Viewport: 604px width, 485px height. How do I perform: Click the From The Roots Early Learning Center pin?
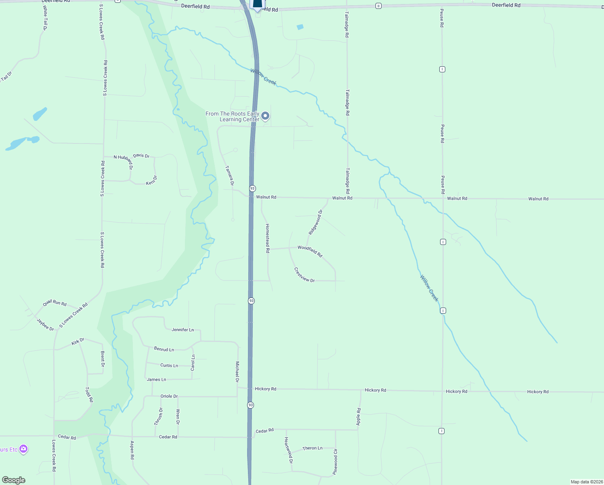[265, 116]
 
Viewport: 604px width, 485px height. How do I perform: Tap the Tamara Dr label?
[229, 175]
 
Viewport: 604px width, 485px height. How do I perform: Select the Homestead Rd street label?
[267, 238]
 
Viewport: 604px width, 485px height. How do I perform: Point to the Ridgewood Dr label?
[316, 222]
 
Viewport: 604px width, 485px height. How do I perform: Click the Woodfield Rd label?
[310, 251]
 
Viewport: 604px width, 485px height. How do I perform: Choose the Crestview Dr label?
[304, 275]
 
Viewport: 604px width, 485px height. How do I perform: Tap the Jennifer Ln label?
[182, 330]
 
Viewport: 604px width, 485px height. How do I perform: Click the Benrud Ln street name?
[164, 349]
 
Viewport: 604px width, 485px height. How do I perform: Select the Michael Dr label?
[237, 372]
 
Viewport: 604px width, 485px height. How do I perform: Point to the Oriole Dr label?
[169, 396]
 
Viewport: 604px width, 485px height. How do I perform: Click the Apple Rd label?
[359, 417]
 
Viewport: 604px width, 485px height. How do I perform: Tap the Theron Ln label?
[312, 448]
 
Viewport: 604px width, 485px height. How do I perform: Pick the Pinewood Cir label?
[335, 462]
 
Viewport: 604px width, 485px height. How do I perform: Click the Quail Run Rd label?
[55, 303]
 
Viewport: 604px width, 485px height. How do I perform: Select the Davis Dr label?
[141, 156]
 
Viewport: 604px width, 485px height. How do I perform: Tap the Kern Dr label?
[151, 181]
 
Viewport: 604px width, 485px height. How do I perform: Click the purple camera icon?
[23, 449]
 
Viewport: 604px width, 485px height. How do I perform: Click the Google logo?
[14, 480]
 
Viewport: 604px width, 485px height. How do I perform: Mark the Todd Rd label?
[89, 394]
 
